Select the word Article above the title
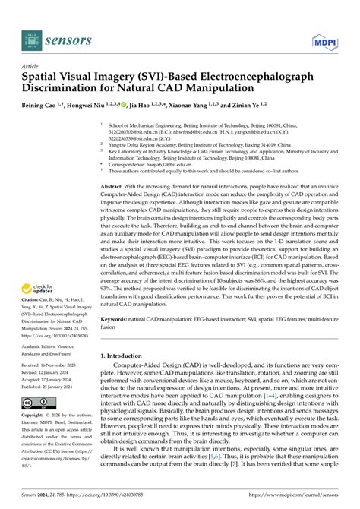coord(31,67)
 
